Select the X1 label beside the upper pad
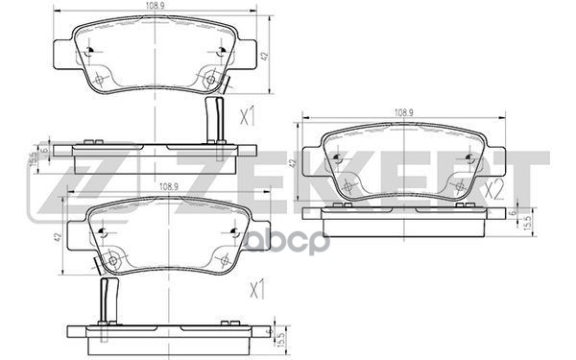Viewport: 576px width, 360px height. [x=247, y=118]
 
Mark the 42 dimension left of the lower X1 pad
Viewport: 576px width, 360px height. [x=57, y=237]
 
